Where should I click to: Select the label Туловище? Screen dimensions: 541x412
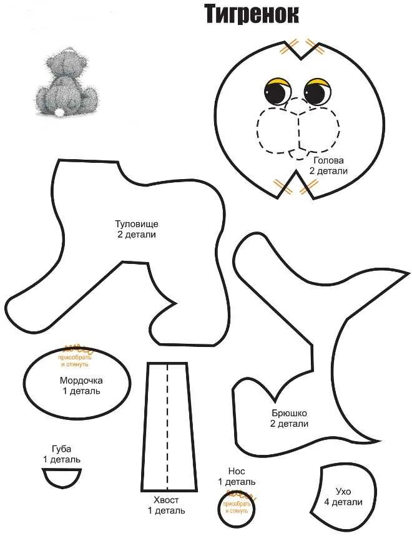[136, 223]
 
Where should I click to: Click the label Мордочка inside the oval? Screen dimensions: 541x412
[81, 381]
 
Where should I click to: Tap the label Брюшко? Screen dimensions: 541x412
[290, 413]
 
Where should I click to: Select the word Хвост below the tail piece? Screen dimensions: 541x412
[166, 500]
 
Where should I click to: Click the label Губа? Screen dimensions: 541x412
[62, 449]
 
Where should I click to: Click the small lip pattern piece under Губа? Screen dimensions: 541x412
[62, 478]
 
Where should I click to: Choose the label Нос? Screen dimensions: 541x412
[237, 472]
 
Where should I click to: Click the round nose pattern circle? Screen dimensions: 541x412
[237, 509]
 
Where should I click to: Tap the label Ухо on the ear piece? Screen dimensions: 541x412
[343, 492]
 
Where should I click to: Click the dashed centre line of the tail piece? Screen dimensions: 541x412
[167, 424]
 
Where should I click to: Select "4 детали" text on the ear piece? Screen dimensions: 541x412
[343, 502]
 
